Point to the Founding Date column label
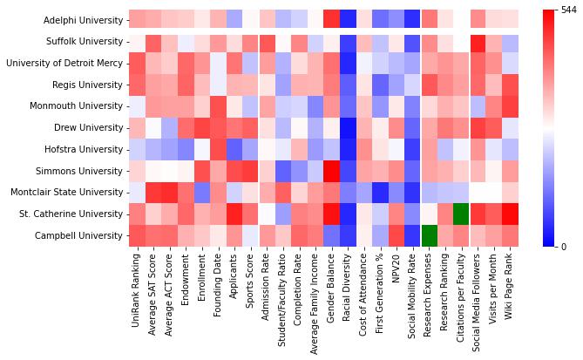[x=219, y=284]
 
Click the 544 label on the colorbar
[x=569, y=10]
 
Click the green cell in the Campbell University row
[x=429, y=235]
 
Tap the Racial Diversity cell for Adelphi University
[x=348, y=19]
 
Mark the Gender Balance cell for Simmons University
[x=331, y=171]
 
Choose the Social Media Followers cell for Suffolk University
[x=478, y=41]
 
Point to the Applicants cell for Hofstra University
[x=234, y=149]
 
